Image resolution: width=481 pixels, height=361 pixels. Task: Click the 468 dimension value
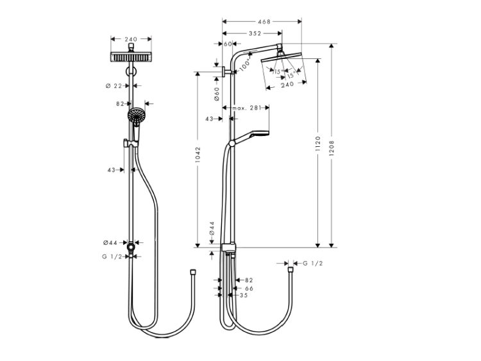click(264, 21)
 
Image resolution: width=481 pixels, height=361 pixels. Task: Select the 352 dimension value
click(255, 33)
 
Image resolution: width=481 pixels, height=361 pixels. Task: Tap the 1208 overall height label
click(332, 148)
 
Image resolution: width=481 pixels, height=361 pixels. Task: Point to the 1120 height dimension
click(318, 144)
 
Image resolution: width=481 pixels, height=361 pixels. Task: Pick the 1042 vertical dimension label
click(198, 155)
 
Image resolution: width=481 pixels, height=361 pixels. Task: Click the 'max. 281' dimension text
click(246, 108)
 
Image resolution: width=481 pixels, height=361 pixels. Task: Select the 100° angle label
click(245, 66)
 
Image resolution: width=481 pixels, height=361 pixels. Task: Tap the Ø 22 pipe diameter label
click(114, 86)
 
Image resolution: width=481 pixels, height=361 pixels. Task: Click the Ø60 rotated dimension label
click(217, 94)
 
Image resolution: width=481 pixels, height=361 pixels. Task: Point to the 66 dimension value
click(249, 289)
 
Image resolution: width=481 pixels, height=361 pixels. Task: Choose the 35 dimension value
click(244, 295)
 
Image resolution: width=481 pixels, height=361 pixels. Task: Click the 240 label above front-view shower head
click(131, 39)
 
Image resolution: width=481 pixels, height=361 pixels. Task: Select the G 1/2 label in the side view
click(312, 263)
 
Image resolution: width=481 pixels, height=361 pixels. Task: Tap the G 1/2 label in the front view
click(112, 256)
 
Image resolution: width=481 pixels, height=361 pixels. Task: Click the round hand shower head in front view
click(136, 115)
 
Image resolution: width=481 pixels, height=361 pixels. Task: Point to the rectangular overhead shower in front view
click(131, 56)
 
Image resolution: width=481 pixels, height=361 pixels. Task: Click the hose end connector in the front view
click(192, 272)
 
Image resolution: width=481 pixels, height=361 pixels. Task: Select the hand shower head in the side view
click(260, 133)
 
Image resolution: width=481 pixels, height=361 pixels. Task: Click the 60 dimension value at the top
click(228, 44)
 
